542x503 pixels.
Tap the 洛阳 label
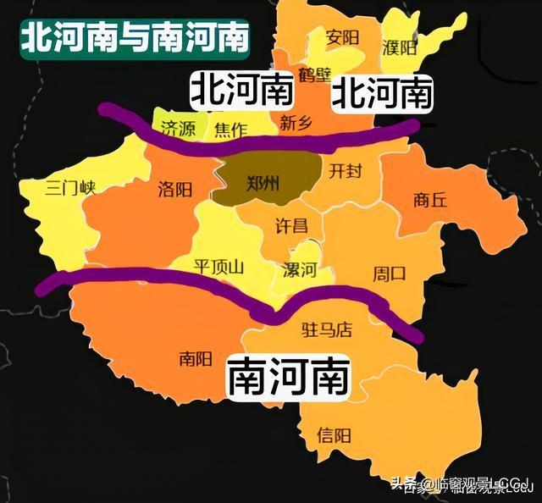tap(174, 189)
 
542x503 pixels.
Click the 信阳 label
tap(334, 436)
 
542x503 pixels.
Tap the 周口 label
tap(390, 274)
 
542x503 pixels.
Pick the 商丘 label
tap(429, 201)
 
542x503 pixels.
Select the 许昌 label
tap(292, 225)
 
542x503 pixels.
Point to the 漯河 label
tap(299, 271)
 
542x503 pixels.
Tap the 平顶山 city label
tap(218, 268)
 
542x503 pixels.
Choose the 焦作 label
tap(230, 130)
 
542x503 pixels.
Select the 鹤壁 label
tap(315, 75)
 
